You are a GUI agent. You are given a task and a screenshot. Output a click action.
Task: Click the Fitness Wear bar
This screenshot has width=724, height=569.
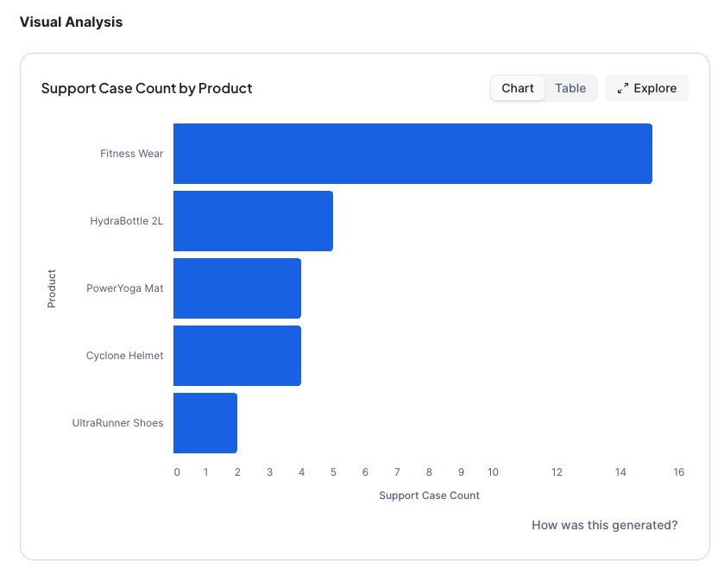[x=412, y=154]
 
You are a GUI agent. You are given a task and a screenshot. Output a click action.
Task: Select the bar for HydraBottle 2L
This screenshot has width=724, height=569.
[x=253, y=221]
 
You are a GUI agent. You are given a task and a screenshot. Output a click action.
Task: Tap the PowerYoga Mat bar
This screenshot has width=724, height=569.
[x=237, y=288]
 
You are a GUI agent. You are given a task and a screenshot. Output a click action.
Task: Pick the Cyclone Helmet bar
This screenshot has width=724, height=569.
[x=237, y=356]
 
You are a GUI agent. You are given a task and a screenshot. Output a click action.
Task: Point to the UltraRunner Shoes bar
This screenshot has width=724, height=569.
[x=205, y=423]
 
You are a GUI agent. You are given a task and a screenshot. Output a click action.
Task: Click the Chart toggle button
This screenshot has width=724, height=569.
[x=518, y=88]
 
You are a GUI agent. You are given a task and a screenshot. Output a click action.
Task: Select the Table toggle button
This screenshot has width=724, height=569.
[x=570, y=88]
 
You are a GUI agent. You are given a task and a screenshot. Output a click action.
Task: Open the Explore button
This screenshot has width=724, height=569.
[x=646, y=88]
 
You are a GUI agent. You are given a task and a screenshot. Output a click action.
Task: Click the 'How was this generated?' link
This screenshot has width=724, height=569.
[x=604, y=525]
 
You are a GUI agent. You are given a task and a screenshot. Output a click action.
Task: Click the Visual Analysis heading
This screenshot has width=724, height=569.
[x=71, y=22]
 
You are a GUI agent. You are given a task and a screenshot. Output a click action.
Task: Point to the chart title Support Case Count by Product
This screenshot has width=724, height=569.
[x=147, y=88]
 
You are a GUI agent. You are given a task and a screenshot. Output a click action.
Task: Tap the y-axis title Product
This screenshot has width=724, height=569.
[x=52, y=288]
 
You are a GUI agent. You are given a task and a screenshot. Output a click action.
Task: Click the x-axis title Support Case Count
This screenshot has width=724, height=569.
[x=429, y=496]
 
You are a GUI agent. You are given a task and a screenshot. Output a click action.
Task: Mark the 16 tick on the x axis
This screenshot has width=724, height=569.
[x=679, y=472]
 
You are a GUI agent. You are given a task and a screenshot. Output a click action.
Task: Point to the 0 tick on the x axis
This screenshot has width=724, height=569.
[x=177, y=472]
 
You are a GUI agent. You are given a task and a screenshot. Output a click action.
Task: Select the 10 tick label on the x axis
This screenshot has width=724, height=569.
[x=493, y=472]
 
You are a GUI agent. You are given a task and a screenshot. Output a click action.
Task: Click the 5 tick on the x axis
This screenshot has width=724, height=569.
[x=333, y=472]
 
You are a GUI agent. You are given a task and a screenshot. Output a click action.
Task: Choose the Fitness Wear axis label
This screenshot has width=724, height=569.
[x=131, y=154]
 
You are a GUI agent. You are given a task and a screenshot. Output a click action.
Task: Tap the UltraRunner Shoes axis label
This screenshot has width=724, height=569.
[x=117, y=423]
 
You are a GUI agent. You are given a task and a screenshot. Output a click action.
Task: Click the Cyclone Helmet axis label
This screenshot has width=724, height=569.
[x=124, y=356]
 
